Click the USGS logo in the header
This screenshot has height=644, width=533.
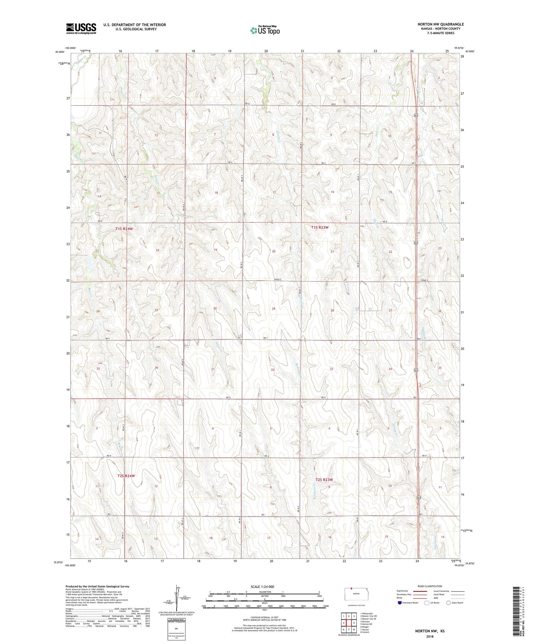coord(81,28)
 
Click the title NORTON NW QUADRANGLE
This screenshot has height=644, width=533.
coord(440,24)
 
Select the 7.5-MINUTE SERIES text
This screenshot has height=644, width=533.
coord(441,33)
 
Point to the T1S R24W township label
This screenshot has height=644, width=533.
coord(124,229)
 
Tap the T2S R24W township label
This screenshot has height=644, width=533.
coord(126,476)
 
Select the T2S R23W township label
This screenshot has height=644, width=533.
coord(324,480)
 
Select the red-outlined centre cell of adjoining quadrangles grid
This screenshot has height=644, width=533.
coord(349,623)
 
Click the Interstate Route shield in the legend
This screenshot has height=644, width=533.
coord(400,603)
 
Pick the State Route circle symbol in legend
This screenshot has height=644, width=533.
coord(448,603)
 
